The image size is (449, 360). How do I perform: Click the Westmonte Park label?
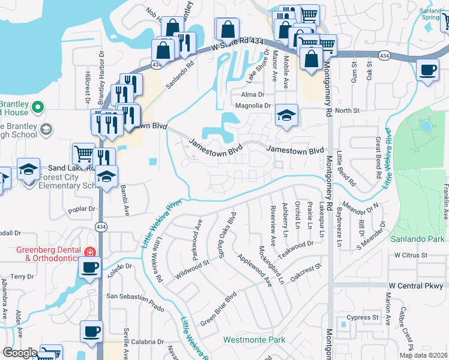click(254, 340)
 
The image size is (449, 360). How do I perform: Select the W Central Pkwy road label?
click(415, 286)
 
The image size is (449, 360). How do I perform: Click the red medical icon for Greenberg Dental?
click(90, 253)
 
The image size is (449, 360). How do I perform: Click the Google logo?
click(20, 353)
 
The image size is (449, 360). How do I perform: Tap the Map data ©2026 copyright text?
click(423, 355)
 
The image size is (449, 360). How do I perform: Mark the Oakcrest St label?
click(306, 270)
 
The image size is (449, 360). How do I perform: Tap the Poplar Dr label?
click(82, 209)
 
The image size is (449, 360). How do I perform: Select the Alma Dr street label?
click(253, 95)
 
